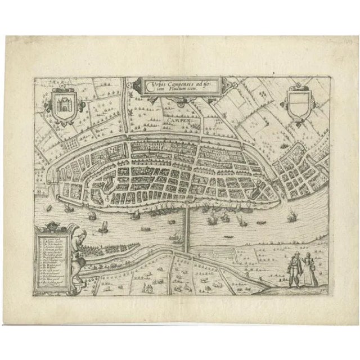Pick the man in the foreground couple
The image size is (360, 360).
coord(294,268)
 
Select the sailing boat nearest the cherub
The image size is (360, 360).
coord(103,227)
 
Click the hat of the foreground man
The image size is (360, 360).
coord(292,256)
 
